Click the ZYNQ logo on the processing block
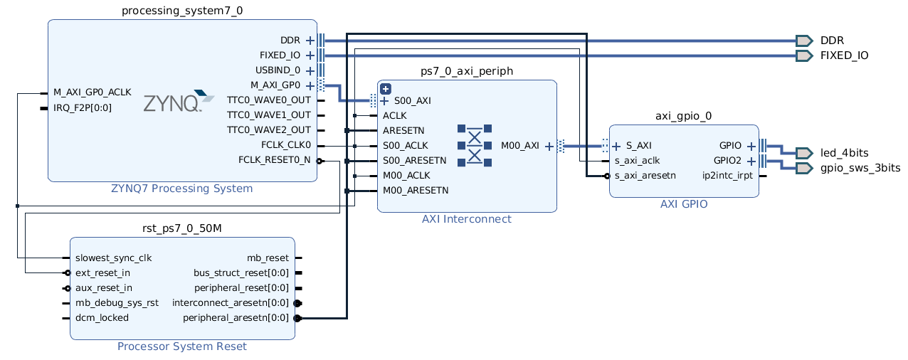tap(178, 102)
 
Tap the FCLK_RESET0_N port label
tap(274, 159)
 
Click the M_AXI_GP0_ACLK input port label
tap(93, 92)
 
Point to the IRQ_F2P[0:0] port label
tap(83, 108)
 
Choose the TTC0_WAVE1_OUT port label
tap(268, 115)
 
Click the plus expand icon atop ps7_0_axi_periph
tap(386, 89)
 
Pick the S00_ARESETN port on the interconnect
tap(414, 160)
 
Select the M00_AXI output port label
tap(520, 146)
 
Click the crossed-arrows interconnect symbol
tap(475, 145)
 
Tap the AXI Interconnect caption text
tap(466, 219)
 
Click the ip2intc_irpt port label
tap(727, 175)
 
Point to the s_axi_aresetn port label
tap(645, 175)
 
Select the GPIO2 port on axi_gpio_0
tap(727, 160)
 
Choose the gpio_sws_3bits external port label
tap(860, 168)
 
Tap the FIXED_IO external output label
tap(844, 55)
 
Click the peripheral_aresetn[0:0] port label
tap(236, 318)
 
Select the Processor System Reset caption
tap(182, 346)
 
